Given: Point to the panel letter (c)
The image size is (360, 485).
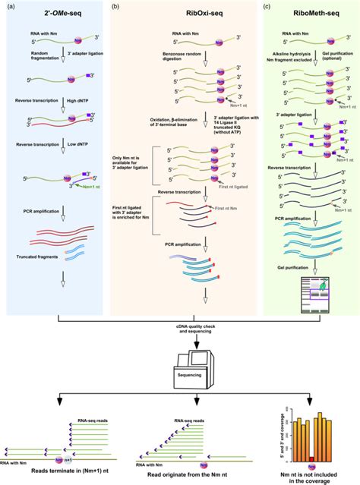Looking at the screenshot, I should click(265, 7).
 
